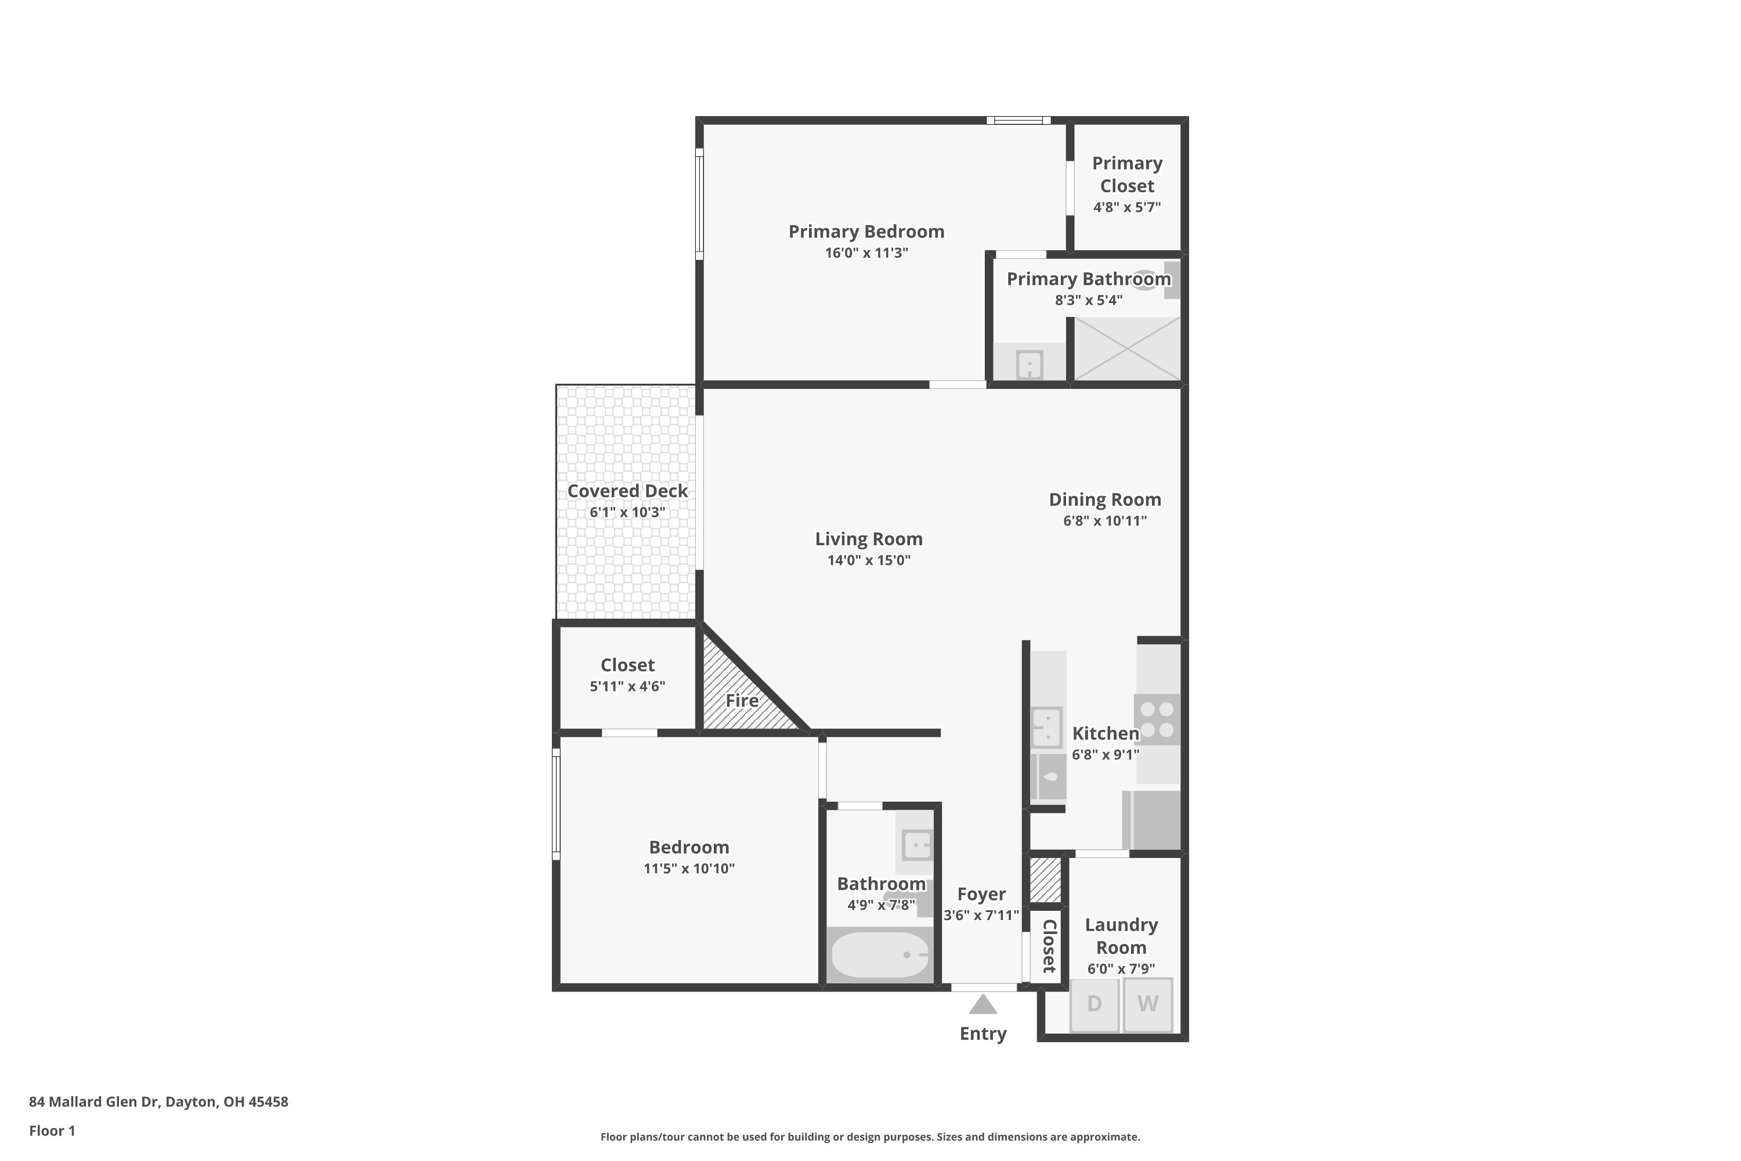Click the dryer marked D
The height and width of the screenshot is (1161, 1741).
coord(1094,1004)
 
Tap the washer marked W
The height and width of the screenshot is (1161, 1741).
coord(1147,1004)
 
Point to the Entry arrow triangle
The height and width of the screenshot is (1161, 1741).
coord(983,1005)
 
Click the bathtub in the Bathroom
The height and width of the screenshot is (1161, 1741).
coord(879,954)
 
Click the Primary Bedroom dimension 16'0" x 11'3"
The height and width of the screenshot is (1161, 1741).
coord(866,253)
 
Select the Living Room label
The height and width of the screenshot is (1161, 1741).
coord(868,539)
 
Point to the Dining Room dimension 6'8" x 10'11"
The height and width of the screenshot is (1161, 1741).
coord(1104,521)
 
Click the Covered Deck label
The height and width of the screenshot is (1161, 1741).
coord(627,491)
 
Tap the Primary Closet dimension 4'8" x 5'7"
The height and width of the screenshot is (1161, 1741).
coord(1126,207)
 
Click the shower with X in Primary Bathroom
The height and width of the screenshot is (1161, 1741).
coord(1126,349)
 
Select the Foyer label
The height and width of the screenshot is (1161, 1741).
coord(981,895)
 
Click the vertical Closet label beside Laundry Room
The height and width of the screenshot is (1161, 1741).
coord(1048,946)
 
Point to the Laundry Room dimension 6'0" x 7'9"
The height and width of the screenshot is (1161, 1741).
coord(1121,968)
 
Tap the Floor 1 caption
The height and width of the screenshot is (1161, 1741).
coord(52,1131)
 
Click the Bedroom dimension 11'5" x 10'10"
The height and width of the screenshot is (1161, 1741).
coord(688,868)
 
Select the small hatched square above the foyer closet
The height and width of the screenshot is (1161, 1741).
coord(1045,879)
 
